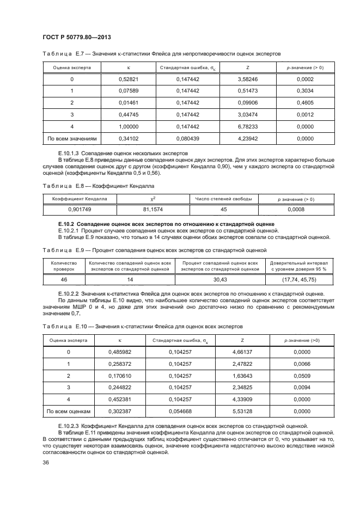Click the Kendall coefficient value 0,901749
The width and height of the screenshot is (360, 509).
(80, 209)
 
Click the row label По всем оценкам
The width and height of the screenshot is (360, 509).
(69, 411)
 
